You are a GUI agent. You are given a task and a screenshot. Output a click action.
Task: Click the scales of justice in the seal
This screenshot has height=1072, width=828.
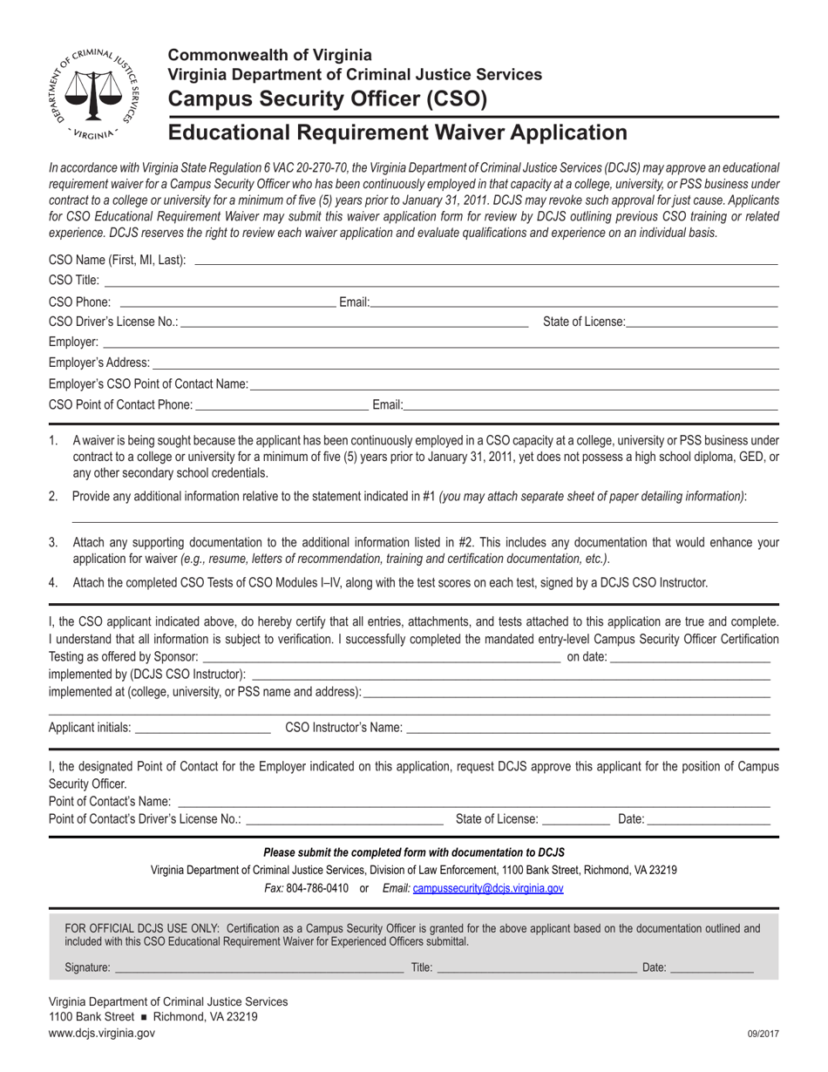click(x=96, y=92)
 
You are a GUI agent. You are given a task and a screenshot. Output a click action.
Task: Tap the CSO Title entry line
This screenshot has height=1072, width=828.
click(x=441, y=280)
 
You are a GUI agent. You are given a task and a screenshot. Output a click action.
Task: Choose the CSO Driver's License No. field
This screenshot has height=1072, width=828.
click(x=354, y=322)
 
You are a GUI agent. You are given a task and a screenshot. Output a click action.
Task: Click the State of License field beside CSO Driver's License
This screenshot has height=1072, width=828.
click(x=702, y=322)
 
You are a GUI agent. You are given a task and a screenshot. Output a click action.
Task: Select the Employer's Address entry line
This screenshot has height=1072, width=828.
click(x=465, y=362)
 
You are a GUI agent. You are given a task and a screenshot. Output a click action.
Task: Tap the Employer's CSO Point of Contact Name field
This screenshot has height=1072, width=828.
click(x=514, y=383)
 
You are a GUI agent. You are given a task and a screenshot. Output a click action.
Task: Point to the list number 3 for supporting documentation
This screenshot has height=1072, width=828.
click(x=53, y=542)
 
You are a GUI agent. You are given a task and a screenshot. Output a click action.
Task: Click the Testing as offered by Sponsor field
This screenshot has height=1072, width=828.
click(x=381, y=656)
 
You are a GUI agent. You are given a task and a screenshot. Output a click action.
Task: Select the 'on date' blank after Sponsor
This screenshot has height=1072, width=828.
click(x=690, y=656)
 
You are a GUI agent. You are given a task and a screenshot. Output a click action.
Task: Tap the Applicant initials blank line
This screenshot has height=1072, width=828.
click(x=203, y=727)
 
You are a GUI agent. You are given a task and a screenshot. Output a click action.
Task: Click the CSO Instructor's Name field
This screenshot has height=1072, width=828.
click(x=588, y=727)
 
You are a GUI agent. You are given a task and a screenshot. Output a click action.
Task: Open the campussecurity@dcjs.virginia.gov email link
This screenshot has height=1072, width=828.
click(x=488, y=888)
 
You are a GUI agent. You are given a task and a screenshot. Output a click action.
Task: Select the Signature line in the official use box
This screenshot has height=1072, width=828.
click(x=259, y=967)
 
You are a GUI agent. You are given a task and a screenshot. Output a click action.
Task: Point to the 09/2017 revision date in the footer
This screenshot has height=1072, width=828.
click(x=763, y=1034)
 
